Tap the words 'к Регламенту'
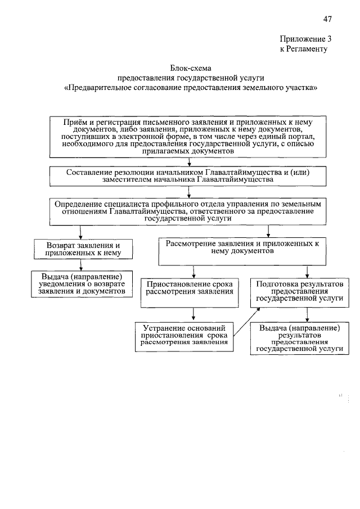pyautogui.click(x=303, y=49)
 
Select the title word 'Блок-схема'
pyautogui.click(x=190, y=69)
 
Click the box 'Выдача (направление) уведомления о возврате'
pyautogui.click(x=82, y=284)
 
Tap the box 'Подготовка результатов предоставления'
pyautogui.click(x=299, y=292)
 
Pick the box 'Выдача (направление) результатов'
pyautogui.click(x=299, y=338)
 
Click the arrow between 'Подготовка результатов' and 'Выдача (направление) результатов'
pyautogui.click(x=307, y=314)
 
